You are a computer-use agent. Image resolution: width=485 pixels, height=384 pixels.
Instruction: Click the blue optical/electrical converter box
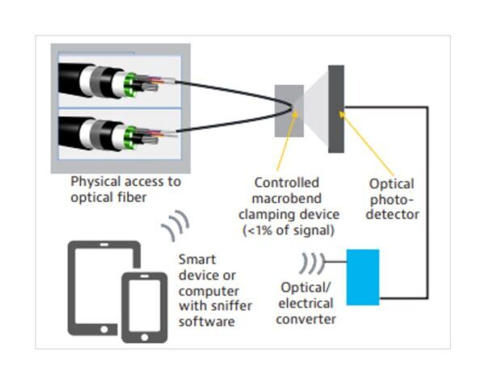click(362, 277)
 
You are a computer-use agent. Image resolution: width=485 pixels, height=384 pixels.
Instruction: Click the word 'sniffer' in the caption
click(228, 307)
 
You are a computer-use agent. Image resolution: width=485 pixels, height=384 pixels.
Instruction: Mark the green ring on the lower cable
click(129, 133)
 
